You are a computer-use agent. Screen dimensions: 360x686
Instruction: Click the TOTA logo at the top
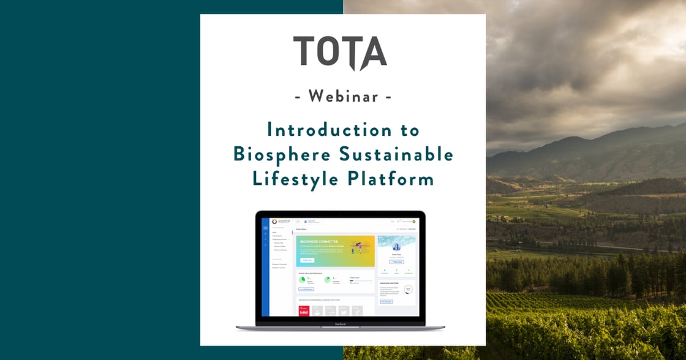[340, 53]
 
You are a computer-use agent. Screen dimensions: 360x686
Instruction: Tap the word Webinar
[342, 96]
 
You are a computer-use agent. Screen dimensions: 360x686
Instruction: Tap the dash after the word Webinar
[388, 97]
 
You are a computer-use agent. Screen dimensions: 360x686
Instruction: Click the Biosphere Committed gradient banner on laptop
[335, 252]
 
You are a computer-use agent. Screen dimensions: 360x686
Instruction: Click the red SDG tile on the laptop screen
[303, 311]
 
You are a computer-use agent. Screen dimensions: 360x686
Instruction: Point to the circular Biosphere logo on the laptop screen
[273, 221]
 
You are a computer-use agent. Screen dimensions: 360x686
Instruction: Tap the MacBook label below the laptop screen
[341, 324]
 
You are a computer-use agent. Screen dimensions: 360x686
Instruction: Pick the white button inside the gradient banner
[307, 260]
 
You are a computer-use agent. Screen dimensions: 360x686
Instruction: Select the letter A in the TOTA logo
[373, 53]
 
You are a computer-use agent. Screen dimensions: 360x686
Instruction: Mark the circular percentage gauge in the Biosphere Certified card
[408, 289]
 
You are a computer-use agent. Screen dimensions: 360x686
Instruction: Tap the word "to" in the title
[409, 130]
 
